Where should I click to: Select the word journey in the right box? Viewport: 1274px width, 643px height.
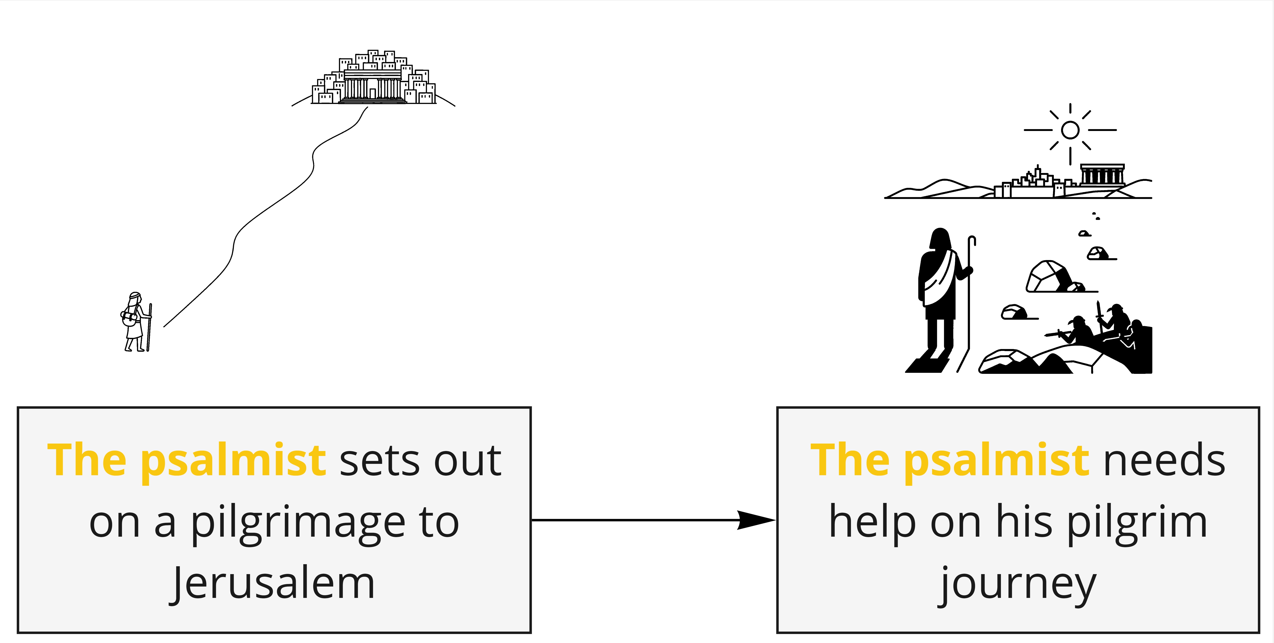[1018, 584]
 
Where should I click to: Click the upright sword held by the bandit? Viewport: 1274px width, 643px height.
[1099, 311]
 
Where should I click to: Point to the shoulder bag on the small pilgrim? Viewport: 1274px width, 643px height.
[130, 318]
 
